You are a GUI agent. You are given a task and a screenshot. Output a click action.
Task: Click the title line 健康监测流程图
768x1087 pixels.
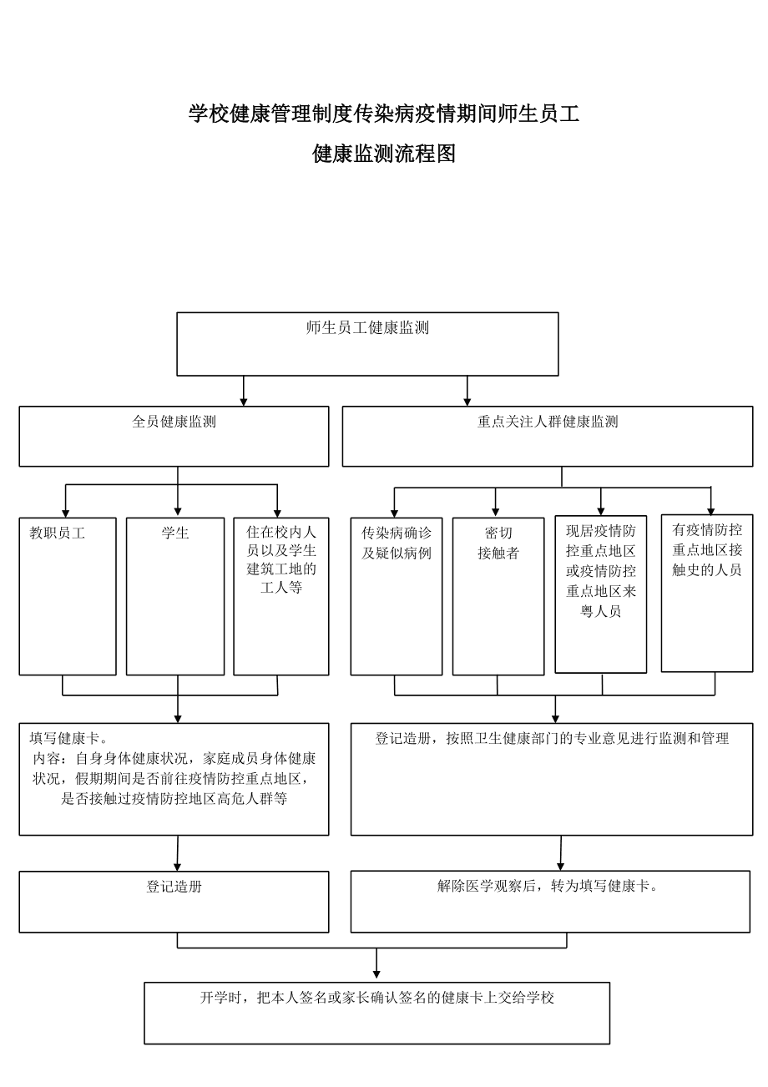pyautogui.click(x=384, y=154)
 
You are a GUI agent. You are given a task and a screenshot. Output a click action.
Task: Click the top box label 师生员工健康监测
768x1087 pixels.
pyautogui.click(x=367, y=328)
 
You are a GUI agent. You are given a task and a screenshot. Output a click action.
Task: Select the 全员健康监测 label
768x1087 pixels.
pyautogui.click(x=174, y=422)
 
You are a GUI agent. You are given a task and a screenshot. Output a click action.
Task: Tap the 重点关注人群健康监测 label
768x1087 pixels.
pyautogui.click(x=548, y=422)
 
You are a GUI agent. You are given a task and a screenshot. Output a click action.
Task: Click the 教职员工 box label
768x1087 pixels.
pyautogui.click(x=58, y=533)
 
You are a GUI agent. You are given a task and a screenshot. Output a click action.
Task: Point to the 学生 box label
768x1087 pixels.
pyautogui.click(x=175, y=533)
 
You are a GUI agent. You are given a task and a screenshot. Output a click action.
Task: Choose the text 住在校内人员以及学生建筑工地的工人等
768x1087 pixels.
pyautogui.click(x=281, y=559)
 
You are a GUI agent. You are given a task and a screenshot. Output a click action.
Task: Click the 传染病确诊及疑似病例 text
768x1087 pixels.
pyautogui.click(x=397, y=543)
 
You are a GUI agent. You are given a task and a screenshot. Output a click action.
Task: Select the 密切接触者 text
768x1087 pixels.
pyautogui.click(x=498, y=543)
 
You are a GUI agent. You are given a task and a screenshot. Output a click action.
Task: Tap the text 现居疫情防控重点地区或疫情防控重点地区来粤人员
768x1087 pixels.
pyautogui.click(x=601, y=571)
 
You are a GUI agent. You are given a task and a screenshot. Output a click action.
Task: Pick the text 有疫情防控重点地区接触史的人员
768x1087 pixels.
pyautogui.click(x=707, y=550)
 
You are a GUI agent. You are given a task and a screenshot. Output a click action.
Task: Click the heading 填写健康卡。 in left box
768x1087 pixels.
pyautogui.click(x=69, y=738)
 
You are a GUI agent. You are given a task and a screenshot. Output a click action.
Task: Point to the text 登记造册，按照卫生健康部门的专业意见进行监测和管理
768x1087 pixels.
pyautogui.click(x=552, y=738)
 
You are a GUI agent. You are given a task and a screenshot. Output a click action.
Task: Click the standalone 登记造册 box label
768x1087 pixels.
pyautogui.click(x=174, y=887)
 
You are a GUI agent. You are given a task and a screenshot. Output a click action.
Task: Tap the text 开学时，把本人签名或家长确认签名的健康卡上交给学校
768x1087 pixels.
pyautogui.click(x=376, y=998)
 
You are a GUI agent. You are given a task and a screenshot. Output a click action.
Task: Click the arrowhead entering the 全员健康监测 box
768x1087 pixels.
pyautogui.click(x=244, y=402)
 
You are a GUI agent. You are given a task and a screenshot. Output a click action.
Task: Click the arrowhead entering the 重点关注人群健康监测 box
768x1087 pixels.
pyautogui.click(x=467, y=402)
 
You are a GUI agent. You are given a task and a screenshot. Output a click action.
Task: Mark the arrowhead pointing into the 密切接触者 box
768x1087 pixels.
pyautogui.click(x=496, y=513)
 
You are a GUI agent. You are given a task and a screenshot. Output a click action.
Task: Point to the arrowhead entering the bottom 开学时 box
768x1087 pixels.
pyautogui.click(x=376, y=974)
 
